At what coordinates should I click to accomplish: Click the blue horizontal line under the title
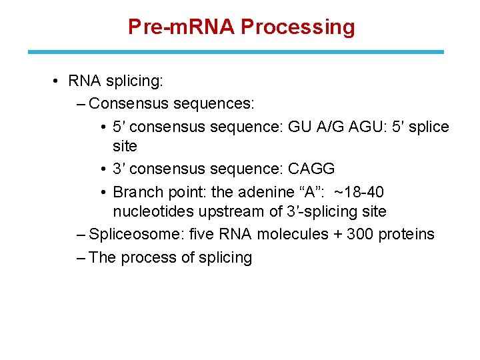click(235, 51)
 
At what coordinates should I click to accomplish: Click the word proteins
click(406, 234)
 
